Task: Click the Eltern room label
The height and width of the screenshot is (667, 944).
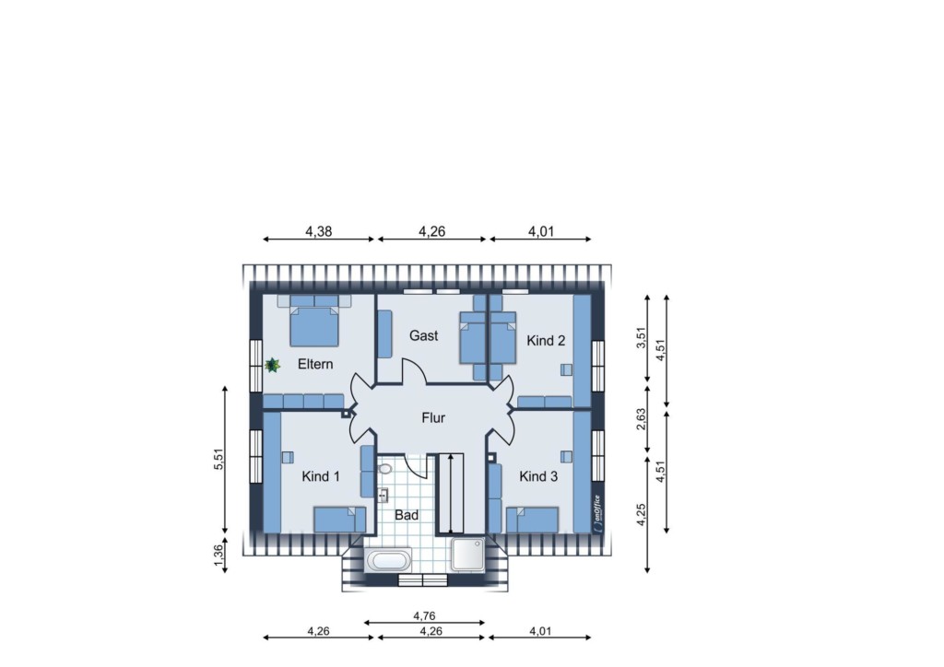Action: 315,364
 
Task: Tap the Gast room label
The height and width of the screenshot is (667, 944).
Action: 424,335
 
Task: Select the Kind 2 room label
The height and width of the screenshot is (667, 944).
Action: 546,341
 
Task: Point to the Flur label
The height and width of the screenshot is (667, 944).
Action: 433,417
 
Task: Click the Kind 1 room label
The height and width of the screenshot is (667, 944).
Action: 320,476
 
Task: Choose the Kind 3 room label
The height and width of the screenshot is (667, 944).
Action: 538,476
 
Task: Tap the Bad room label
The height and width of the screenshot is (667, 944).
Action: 407,515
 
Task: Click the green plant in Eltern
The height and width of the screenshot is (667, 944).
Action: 273,365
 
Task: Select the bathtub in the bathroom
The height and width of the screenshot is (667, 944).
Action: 388,561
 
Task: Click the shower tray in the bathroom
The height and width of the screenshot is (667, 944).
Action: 467,554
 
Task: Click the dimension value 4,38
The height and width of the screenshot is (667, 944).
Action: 318,231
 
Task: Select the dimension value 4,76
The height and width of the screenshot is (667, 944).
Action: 424,616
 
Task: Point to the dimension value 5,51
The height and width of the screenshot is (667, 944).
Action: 218,460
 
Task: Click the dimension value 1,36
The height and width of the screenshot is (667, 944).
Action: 218,555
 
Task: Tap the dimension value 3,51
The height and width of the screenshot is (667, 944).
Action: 642,337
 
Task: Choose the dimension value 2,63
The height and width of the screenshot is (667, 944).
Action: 642,419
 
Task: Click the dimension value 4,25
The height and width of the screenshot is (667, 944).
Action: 642,514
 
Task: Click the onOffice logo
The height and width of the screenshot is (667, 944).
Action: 596,512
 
